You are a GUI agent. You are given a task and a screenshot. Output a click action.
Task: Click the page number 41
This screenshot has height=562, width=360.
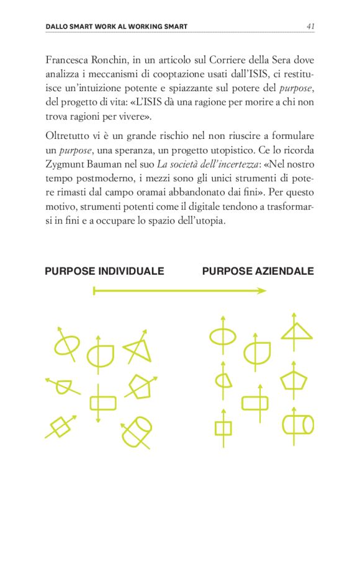pyautogui.click(x=310, y=26)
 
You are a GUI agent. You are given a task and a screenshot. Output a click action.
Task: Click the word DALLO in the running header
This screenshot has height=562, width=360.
pyautogui.click(x=60, y=27)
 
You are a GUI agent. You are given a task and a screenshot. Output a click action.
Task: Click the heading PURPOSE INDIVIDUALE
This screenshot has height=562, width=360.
pyautogui.click(x=104, y=271)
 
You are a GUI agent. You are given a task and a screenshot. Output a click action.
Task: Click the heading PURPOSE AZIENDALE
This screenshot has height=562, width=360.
pyautogui.click(x=258, y=271)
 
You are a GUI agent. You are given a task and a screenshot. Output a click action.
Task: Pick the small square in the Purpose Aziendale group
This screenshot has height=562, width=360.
pyautogui.click(x=223, y=428)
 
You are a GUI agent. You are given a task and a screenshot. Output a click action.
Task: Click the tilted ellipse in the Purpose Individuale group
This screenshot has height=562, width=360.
pyautogui.click(x=66, y=343)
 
